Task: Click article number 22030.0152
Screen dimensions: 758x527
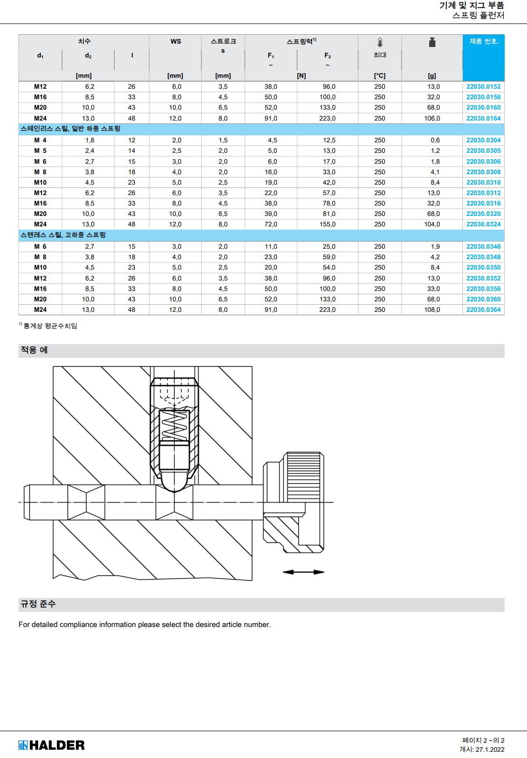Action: pos(483,86)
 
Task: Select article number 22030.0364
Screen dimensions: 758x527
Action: pos(483,309)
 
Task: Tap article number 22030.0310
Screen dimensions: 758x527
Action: pos(483,182)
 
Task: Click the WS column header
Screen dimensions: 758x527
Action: pos(176,41)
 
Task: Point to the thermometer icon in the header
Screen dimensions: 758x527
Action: pos(380,43)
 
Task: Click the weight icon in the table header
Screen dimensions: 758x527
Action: pos(432,43)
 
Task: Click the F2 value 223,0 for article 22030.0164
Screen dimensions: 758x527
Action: pos(328,118)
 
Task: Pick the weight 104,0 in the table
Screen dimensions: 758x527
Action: pos(432,224)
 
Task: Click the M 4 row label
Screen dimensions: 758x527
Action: pos(40,140)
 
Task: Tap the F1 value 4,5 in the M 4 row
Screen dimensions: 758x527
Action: pos(272,140)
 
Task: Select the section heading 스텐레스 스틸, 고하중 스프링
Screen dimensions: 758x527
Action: pos(63,235)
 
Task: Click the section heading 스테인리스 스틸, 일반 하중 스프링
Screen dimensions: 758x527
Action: pos(70,129)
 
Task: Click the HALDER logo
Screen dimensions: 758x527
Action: pos(52,745)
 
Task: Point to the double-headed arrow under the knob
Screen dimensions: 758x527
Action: pos(303,572)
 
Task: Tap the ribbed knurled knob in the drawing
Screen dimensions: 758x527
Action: pos(304,477)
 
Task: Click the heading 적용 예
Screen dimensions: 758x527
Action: pos(34,350)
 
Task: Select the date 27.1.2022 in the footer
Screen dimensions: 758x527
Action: pos(490,749)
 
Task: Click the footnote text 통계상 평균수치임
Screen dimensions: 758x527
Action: pos(50,326)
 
